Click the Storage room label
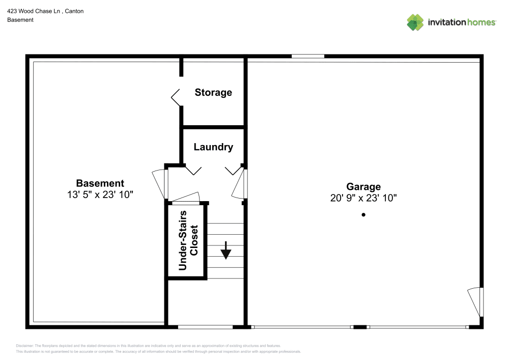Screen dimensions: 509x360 pos(213,93)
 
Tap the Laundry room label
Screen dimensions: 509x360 pos(213,147)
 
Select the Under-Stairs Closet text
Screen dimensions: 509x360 pos(188,240)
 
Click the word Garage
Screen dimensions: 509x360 pos(363,187)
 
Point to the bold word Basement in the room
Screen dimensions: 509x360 pos(100,183)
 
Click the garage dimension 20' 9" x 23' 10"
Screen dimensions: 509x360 pos(363,198)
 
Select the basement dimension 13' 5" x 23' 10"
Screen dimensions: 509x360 pos(100,195)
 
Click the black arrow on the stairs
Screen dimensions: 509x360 pos(225,251)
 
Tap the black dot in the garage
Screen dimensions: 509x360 pos(363,214)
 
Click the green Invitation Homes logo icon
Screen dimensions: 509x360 pos(415,22)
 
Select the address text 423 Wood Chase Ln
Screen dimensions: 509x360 pos(34,11)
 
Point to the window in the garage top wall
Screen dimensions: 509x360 pos(308,57)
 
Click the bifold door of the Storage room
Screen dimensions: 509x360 pos(176,97)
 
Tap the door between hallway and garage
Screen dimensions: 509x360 pos(240,184)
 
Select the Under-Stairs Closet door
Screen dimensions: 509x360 pos(186,198)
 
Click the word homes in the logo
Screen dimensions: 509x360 pos(482,22)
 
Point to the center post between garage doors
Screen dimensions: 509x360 pos(360,327)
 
